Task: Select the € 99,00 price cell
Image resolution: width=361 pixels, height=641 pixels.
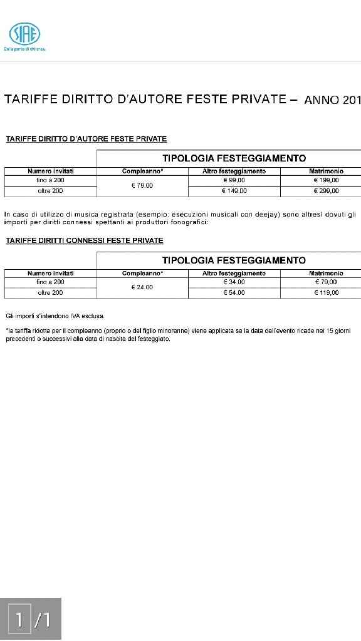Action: [234, 180]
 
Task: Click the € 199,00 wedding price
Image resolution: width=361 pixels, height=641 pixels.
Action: [326, 180]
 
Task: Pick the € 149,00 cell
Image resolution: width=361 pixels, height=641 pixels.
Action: [234, 191]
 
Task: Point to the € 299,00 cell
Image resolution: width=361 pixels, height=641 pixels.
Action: [326, 191]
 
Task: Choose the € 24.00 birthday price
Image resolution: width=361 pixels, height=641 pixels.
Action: [142, 287]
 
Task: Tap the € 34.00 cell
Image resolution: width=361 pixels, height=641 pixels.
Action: [234, 282]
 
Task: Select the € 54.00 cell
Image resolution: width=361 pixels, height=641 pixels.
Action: [234, 292]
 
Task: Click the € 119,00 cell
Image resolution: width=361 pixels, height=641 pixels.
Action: [326, 292]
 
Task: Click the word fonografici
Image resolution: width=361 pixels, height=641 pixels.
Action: [187, 222]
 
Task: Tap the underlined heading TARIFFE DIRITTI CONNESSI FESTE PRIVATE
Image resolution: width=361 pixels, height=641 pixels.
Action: [85, 240]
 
